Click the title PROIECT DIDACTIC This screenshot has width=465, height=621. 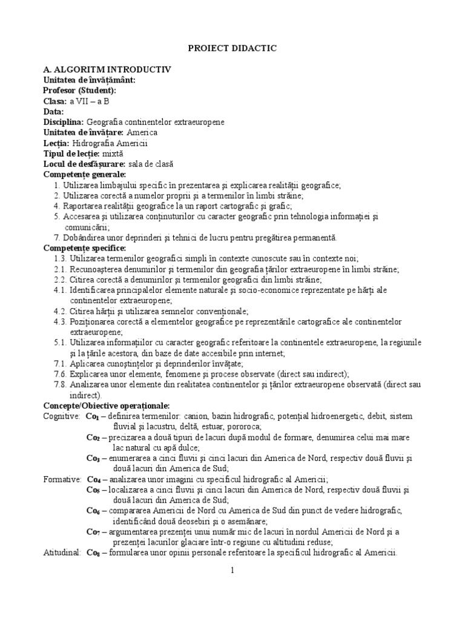232,48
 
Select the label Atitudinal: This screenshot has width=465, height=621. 62,552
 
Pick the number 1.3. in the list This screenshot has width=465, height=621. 60,259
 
